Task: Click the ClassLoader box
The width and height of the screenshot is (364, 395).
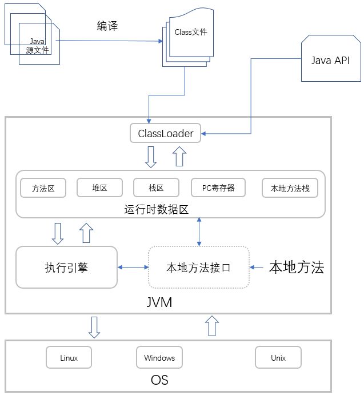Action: coord(166,134)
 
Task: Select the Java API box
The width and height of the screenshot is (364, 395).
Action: coord(330,61)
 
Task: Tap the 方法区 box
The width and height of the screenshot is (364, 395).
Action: coord(43,187)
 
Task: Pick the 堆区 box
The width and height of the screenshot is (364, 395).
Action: coord(99,187)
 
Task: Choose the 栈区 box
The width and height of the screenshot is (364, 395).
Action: coord(156,187)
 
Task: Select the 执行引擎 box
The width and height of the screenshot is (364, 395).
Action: coord(66,267)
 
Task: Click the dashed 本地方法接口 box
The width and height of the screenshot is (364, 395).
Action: coord(198,267)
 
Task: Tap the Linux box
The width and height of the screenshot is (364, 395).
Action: coord(69,358)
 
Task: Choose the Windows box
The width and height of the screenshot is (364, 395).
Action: coord(159,358)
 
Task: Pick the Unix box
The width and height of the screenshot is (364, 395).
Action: coord(278,358)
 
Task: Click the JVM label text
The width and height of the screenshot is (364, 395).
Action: coord(159,301)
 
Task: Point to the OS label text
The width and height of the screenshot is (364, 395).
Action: coord(159,380)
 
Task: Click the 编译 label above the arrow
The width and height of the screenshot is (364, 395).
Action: coord(107,26)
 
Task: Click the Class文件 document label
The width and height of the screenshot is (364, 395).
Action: coord(191,32)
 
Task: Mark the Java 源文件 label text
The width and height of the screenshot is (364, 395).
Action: coord(38,46)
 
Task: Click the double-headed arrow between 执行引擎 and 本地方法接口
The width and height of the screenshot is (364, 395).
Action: coord(133,267)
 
